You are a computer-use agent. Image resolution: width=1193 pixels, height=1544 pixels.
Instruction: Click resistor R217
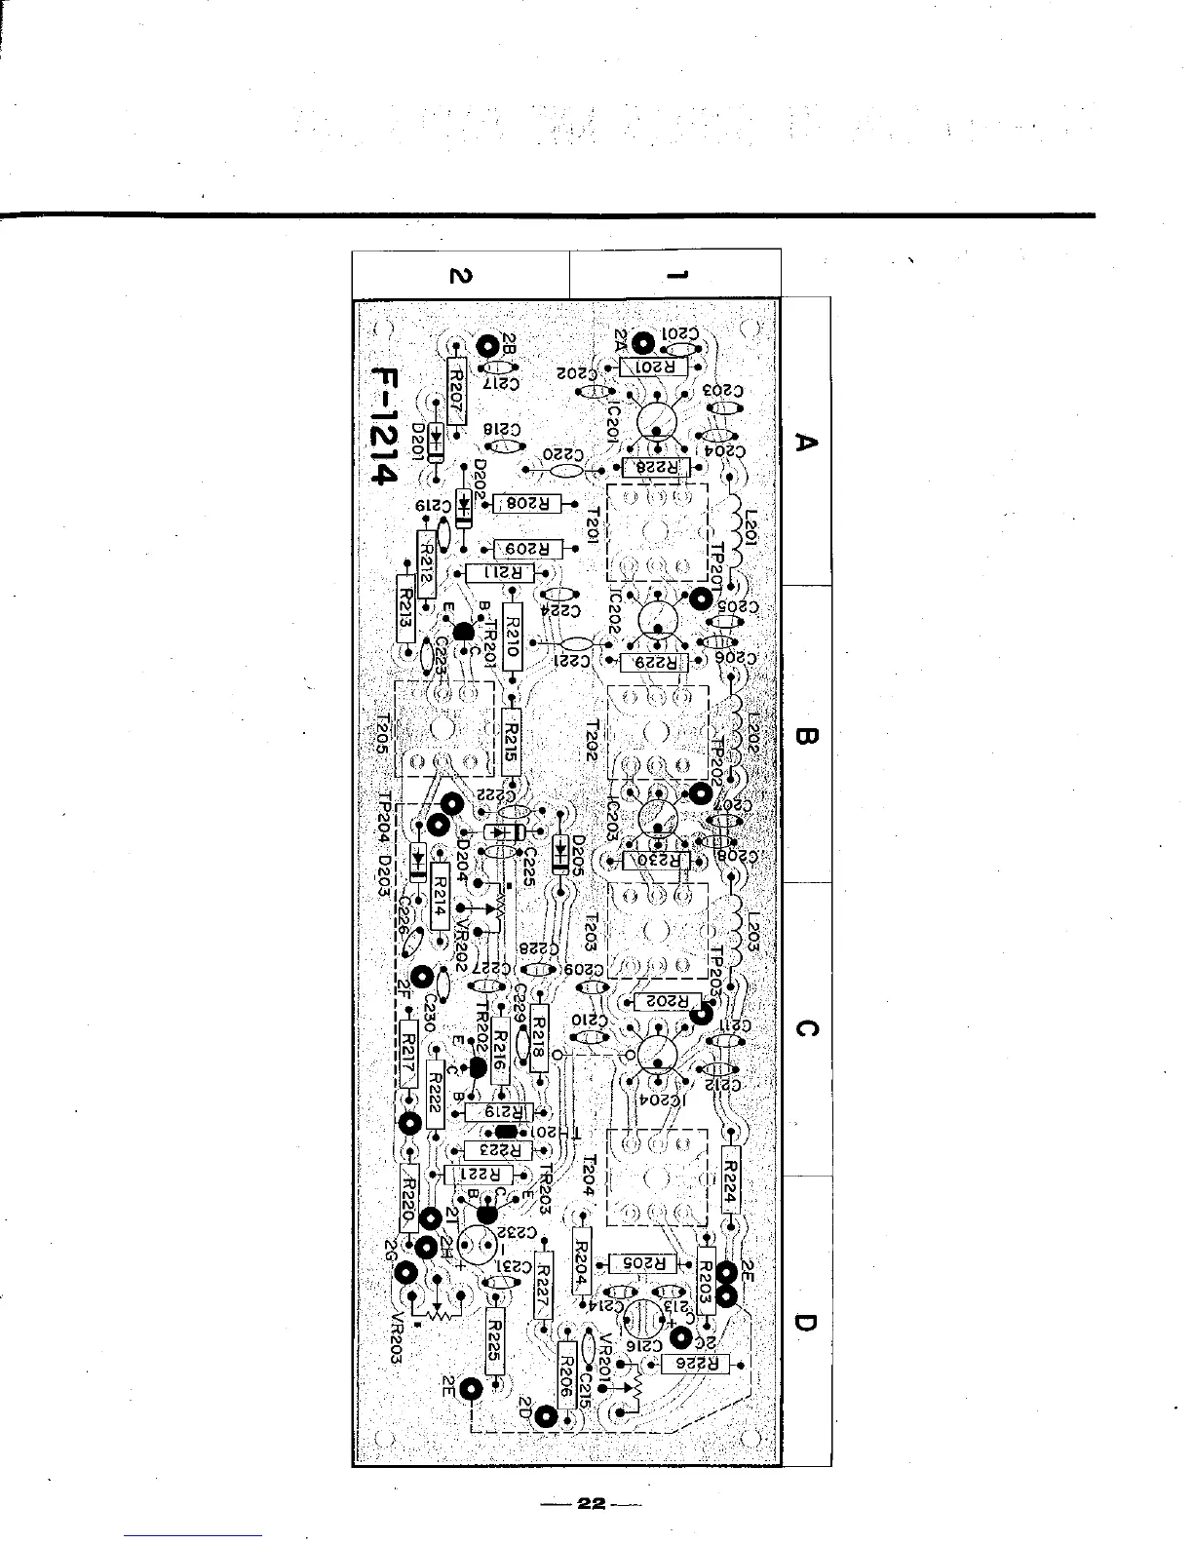click(409, 1056)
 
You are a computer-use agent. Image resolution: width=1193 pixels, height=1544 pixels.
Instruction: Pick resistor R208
click(526, 504)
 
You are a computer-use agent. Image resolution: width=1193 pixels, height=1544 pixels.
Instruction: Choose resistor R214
click(440, 894)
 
